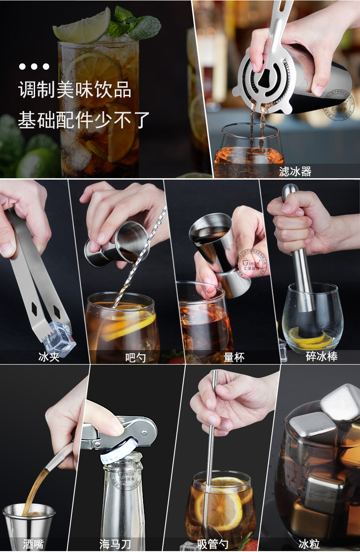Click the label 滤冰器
tap(295, 171)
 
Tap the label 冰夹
tap(49, 356)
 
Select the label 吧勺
tap(135, 357)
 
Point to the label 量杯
tap(234, 357)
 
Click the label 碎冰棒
tap(321, 356)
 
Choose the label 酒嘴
tap(34, 543)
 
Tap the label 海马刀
tap(115, 543)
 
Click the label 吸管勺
tap(213, 543)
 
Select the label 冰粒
tap(309, 543)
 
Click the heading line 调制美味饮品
tap(75, 90)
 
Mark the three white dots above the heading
tap(34, 67)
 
